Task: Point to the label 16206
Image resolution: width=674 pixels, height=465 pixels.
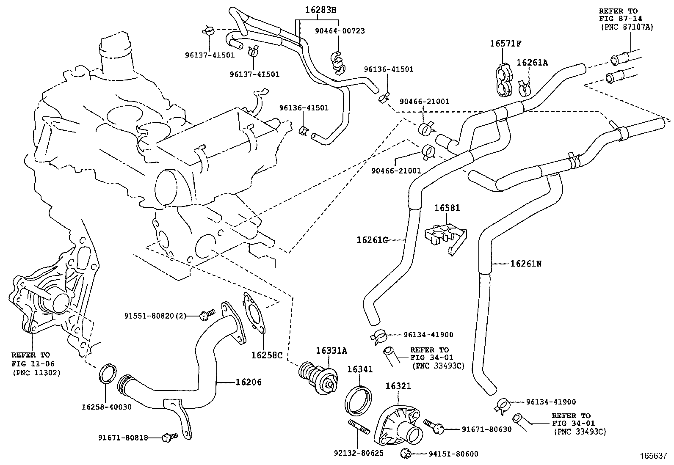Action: tap(248, 382)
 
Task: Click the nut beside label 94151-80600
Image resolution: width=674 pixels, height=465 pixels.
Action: tap(405, 454)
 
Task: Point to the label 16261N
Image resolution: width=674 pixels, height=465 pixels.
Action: tap(526, 264)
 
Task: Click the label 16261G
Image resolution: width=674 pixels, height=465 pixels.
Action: tap(372, 240)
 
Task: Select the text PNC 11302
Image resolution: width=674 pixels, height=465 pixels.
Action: tap(36, 373)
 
